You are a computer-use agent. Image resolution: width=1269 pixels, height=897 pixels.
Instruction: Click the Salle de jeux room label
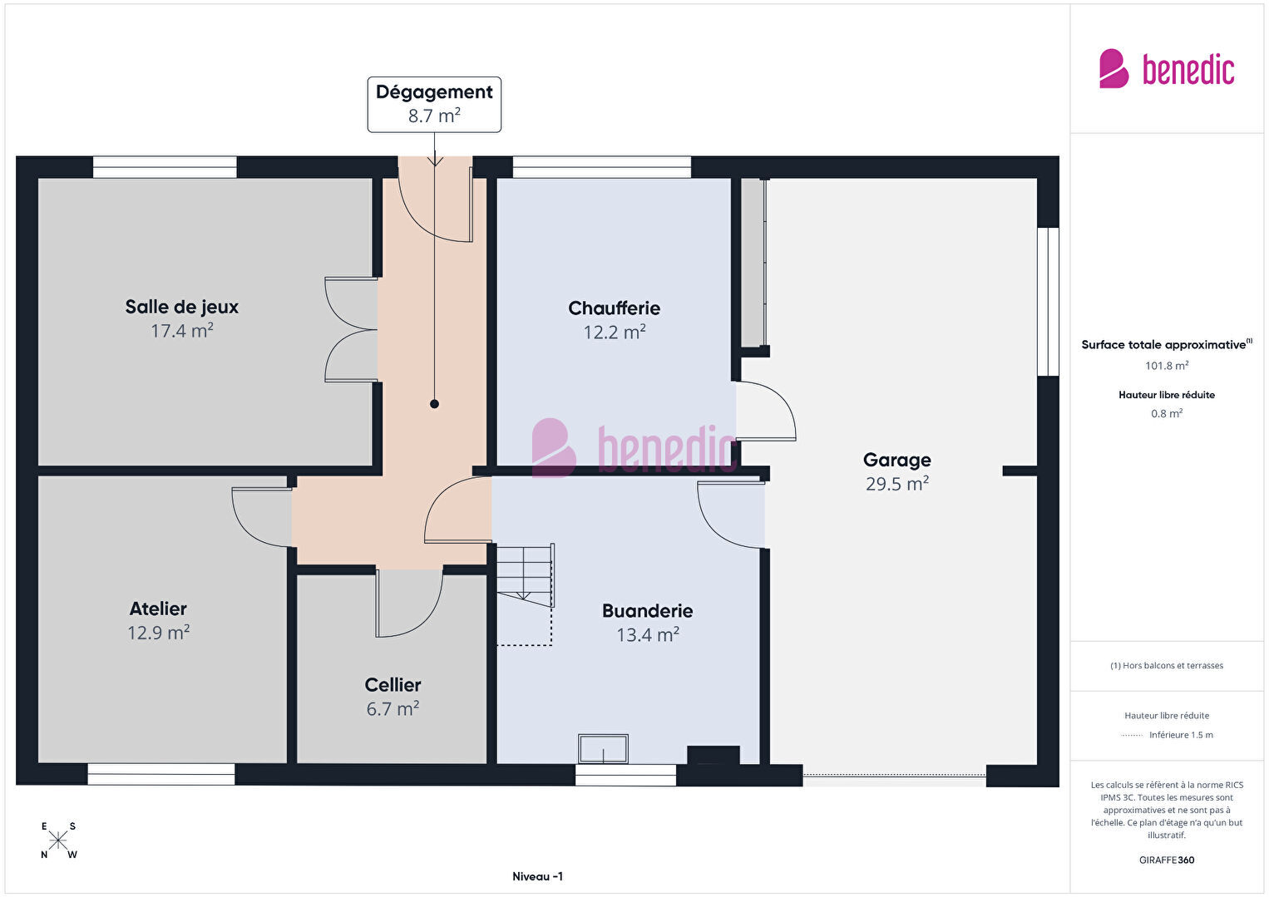click(182, 307)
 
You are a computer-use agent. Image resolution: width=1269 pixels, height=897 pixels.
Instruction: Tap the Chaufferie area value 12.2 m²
click(615, 332)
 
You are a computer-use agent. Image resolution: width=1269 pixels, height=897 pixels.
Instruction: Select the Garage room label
click(896, 460)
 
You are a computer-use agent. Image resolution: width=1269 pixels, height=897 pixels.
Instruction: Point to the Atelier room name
click(158, 609)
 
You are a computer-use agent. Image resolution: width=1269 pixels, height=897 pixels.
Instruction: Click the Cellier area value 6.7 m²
click(393, 708)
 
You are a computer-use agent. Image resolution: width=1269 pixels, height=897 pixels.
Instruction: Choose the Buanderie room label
click(648, 611)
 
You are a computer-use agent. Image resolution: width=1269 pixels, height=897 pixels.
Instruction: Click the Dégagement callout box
click(435, 105)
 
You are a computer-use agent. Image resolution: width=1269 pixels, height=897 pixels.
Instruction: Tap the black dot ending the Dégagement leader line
click(435, 404)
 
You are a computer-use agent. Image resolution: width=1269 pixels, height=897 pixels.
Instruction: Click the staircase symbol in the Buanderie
click(526, 594)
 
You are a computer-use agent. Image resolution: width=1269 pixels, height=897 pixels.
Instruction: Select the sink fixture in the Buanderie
click(604, 749)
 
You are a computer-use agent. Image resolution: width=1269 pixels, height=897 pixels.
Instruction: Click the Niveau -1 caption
click(538, 876)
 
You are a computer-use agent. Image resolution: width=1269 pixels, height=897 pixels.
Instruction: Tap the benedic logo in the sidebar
click(1167, 68)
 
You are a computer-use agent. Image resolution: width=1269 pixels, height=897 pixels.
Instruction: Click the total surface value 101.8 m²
click(1167, 366)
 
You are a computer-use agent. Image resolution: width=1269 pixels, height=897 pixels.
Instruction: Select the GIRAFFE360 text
click(1167, 860)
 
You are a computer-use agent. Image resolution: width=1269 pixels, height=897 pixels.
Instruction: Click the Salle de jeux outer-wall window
click(165, 167)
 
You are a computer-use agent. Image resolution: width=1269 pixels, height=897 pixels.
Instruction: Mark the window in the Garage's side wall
click(1048, 302)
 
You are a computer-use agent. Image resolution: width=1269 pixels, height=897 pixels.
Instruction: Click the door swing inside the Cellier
click(409, 603)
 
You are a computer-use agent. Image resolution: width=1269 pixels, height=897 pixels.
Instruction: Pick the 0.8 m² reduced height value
click(1167, 413)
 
